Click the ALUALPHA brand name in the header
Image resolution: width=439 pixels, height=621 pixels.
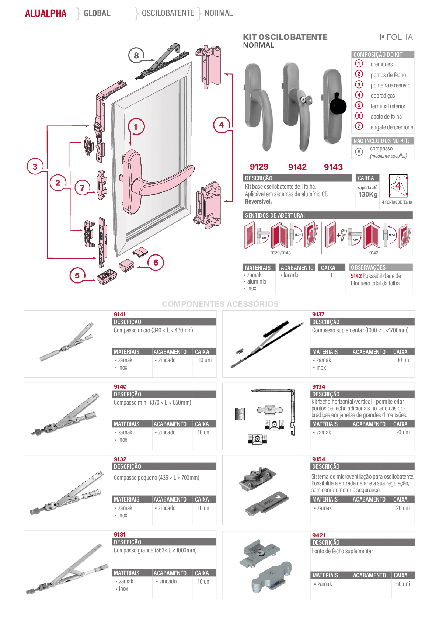click(x=46, y=13)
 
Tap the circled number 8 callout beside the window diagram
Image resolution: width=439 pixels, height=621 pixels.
click(x=136, y=55)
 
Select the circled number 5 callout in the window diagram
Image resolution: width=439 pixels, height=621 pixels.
click(x=77, y=275)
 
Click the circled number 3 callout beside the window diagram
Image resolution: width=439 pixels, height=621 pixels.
click(x=35, y=166)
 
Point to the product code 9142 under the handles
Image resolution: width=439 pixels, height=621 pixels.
click(x=297, y=167)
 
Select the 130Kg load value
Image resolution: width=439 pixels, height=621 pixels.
click(x=368, y=194)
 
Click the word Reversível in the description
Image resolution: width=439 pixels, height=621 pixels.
click(x=258, y=202)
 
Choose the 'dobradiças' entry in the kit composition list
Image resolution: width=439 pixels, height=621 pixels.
click(x=383, y=96)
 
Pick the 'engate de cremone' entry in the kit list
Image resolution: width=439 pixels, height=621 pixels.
click(x=392, y=127)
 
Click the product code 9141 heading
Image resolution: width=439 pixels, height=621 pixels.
click(x=120, y=315)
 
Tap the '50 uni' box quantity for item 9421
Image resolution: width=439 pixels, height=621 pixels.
click(x=403, y=584)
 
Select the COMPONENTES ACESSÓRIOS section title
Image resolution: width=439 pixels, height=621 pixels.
click(x=220, y=304)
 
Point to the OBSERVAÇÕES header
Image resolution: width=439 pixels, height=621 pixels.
click(x=368, y=267)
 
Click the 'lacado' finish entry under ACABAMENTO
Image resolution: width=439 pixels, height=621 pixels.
click(x=291, y=275)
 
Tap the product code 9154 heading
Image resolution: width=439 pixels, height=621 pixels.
click(x=318, y=459)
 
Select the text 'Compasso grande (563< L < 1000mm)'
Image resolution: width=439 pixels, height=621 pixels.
click(x=155, y=550)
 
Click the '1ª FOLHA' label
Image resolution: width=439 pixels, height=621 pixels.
click(x=396, y=37)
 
